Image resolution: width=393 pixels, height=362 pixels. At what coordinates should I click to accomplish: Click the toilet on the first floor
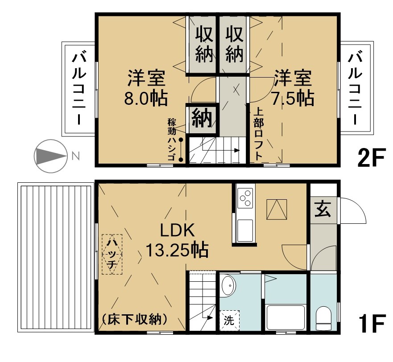[x=323, y=318]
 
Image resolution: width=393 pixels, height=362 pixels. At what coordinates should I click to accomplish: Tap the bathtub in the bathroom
[x=285, y=317]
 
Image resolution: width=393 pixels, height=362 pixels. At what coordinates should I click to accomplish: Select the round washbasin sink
[x=228, y=285]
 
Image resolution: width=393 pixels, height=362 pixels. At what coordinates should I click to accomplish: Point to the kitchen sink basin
[x=245, y=230]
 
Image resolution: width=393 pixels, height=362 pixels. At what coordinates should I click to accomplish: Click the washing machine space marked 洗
[x=229, y=321]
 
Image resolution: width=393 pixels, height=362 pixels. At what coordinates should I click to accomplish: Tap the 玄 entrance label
[x=323, y=209]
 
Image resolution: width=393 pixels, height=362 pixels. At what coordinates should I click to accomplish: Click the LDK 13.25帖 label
[x=177, y=240]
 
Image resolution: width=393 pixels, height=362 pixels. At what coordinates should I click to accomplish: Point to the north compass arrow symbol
[x=50, y=156]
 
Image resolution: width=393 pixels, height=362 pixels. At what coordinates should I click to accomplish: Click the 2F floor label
[x=371, y=157]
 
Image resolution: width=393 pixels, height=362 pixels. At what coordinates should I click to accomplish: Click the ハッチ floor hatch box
[x=112, y=254]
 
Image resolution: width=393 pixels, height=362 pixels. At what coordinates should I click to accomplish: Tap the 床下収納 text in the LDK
[x=135, y=319]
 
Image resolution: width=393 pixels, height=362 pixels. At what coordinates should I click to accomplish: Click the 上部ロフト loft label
[x=258, y=134]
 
